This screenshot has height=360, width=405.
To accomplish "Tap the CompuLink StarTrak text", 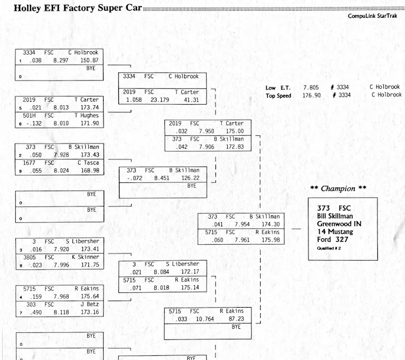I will pyautogui.click(x=374, y=16).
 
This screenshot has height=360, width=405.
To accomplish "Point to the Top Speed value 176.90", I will pyautogui.click(x=311, y=95).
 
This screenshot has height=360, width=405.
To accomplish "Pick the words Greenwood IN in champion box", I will pyautogui.click(x=339, y=224).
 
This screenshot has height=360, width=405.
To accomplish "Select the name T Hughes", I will pyautogui.click(x=87, y=116).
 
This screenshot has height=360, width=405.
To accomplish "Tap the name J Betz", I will pyautogui.click(x=89, y=304).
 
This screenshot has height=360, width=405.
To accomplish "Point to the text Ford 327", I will pyautogui.click(x=333, y=239).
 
